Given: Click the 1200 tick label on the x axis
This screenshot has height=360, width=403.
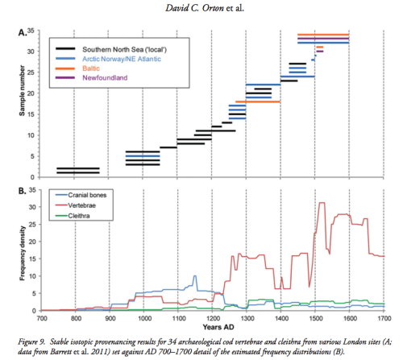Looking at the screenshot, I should click(x=211, y=318).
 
